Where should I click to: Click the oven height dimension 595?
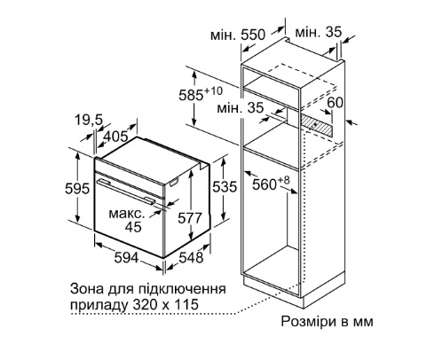[x=77, y=188]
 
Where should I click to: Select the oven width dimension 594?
[x=126, y=257]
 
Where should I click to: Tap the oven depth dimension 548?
[x=192, y=257]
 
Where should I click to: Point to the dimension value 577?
[x=190, y=218]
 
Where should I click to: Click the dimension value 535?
[x=225, y=186]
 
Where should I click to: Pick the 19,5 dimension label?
[x=88, y=121]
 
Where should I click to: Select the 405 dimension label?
[x=116, y=137]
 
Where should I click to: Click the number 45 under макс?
[x=133, y=227]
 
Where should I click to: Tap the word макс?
[x=127, y=214]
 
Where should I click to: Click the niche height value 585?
[x=191, y=95]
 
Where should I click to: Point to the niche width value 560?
[x=265, y=184]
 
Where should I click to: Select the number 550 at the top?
[x=253, y=35]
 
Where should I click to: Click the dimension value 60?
[x=336, y=102]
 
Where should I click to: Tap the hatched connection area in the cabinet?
[x=316, y=124]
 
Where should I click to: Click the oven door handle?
[x=127, y=192]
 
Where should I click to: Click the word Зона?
[x=86, y=289]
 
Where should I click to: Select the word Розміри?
[x=306, y=321]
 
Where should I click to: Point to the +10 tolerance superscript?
[x=213, y=91]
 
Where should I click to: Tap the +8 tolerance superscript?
[x=283, y=180]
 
